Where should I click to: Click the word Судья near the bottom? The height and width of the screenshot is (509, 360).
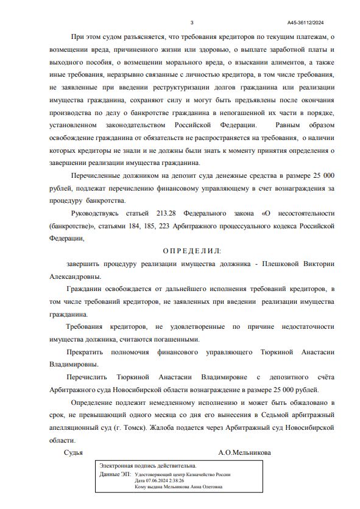coord(73,453)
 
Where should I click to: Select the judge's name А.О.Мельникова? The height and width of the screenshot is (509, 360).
coord(245,453)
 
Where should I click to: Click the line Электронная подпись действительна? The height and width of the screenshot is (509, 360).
coord(148,465)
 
